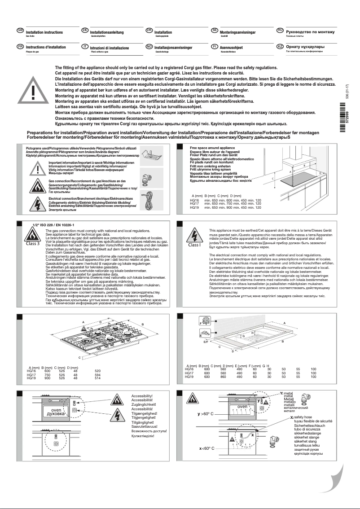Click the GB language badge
(x=20, y=30)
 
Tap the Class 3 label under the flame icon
(x=32, y=244)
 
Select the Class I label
(x=194, y=245)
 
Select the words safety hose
(x=305, y=417)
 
